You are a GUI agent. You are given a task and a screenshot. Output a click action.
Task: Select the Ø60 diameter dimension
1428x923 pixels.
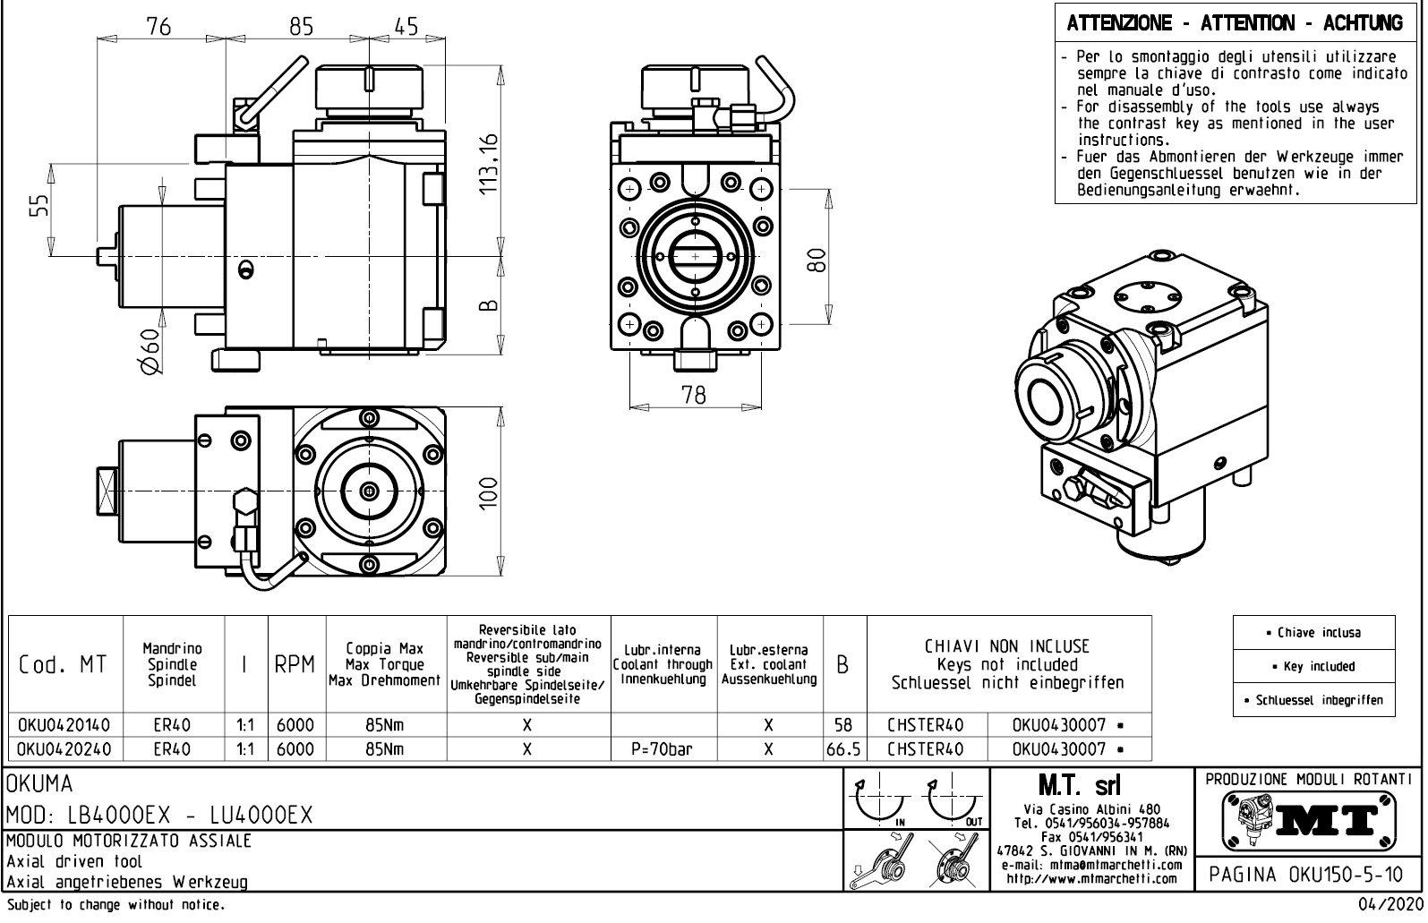[150, 352]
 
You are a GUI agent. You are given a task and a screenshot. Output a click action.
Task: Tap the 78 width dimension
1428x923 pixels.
[694, 394]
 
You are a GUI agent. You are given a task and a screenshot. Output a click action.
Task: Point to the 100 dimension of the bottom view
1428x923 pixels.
[489, 491]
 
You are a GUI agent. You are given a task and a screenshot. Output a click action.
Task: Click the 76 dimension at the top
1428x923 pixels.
[158, 27]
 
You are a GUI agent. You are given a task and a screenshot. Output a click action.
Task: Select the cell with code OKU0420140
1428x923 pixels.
[64, 724]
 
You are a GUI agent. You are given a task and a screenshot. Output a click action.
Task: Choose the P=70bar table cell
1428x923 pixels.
[663, 748]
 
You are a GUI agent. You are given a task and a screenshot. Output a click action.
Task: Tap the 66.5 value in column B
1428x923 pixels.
[843, 748]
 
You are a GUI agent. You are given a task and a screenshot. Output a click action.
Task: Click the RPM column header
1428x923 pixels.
[295, 665]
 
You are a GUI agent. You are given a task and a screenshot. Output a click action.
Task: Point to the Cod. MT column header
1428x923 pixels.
[64, 665]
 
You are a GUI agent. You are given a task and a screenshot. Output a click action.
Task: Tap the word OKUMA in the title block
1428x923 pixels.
[40, 784]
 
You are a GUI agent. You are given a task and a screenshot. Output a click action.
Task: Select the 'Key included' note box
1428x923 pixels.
[1313, 666]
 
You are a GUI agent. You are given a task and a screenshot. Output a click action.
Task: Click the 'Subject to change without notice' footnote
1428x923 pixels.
[114, 905]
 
